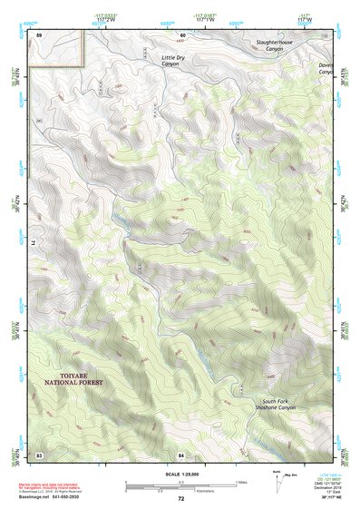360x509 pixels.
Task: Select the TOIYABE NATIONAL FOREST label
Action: (x=73, y=378)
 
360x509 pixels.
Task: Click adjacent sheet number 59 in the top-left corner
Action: (x=38, y=34)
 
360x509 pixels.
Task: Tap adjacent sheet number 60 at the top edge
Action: (x=182, y=34)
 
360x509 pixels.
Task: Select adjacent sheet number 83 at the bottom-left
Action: (x=39, y=453)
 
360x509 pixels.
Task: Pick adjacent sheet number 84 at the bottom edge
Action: (x=181, y=453)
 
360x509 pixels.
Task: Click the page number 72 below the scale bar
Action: (x=180, y=498)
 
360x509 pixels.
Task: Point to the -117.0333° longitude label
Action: (x=106, y=15)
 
